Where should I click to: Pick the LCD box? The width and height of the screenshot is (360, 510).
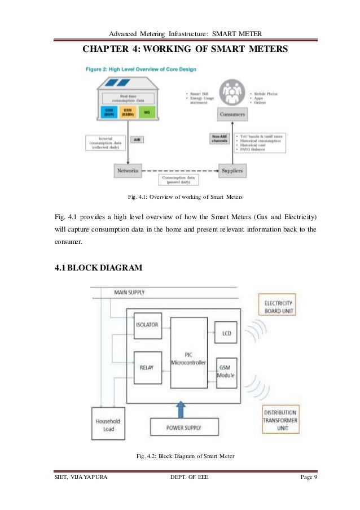click(x=226, y=333)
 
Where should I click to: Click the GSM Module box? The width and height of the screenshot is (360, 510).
click(x=226, y=370)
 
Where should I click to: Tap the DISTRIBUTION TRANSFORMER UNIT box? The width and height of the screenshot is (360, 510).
click(x=280, y=419)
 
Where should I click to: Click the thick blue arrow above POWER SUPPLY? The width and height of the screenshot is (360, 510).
click(x=181, y=409)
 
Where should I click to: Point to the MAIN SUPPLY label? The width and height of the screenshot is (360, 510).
click(x=129, y=292)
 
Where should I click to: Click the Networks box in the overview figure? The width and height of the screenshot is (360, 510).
click(x=128, y=169)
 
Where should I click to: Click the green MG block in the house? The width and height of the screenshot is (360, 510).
click(x=147, y=112)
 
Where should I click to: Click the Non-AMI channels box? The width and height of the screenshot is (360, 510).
click(x=217, y=138)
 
